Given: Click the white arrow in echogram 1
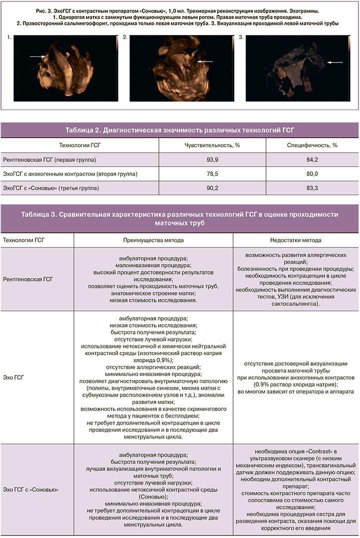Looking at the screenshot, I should click(x=36, y=56).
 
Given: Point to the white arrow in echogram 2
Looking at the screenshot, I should click(x=205, y=61).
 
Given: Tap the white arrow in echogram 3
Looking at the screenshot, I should click(x=334, y=62).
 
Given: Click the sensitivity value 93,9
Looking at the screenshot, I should click(x=212, y=159).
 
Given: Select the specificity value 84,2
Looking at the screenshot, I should click(x=312, y=159).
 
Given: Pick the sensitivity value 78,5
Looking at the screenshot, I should click(x=212, y=173).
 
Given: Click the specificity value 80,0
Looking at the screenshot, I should click(x=312, y=173).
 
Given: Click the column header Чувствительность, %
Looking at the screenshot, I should click(x=212, y=145).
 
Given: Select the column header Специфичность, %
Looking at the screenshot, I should click(x=312, y=145).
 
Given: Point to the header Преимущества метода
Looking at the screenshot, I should click(x=153, y=240).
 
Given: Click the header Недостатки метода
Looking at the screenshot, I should click(x=296, y=240).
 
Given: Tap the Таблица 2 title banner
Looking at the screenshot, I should click(x=179, y=130).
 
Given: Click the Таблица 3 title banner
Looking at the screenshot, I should click(x=179, y=218).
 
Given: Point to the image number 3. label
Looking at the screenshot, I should click(x=241, y=37).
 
